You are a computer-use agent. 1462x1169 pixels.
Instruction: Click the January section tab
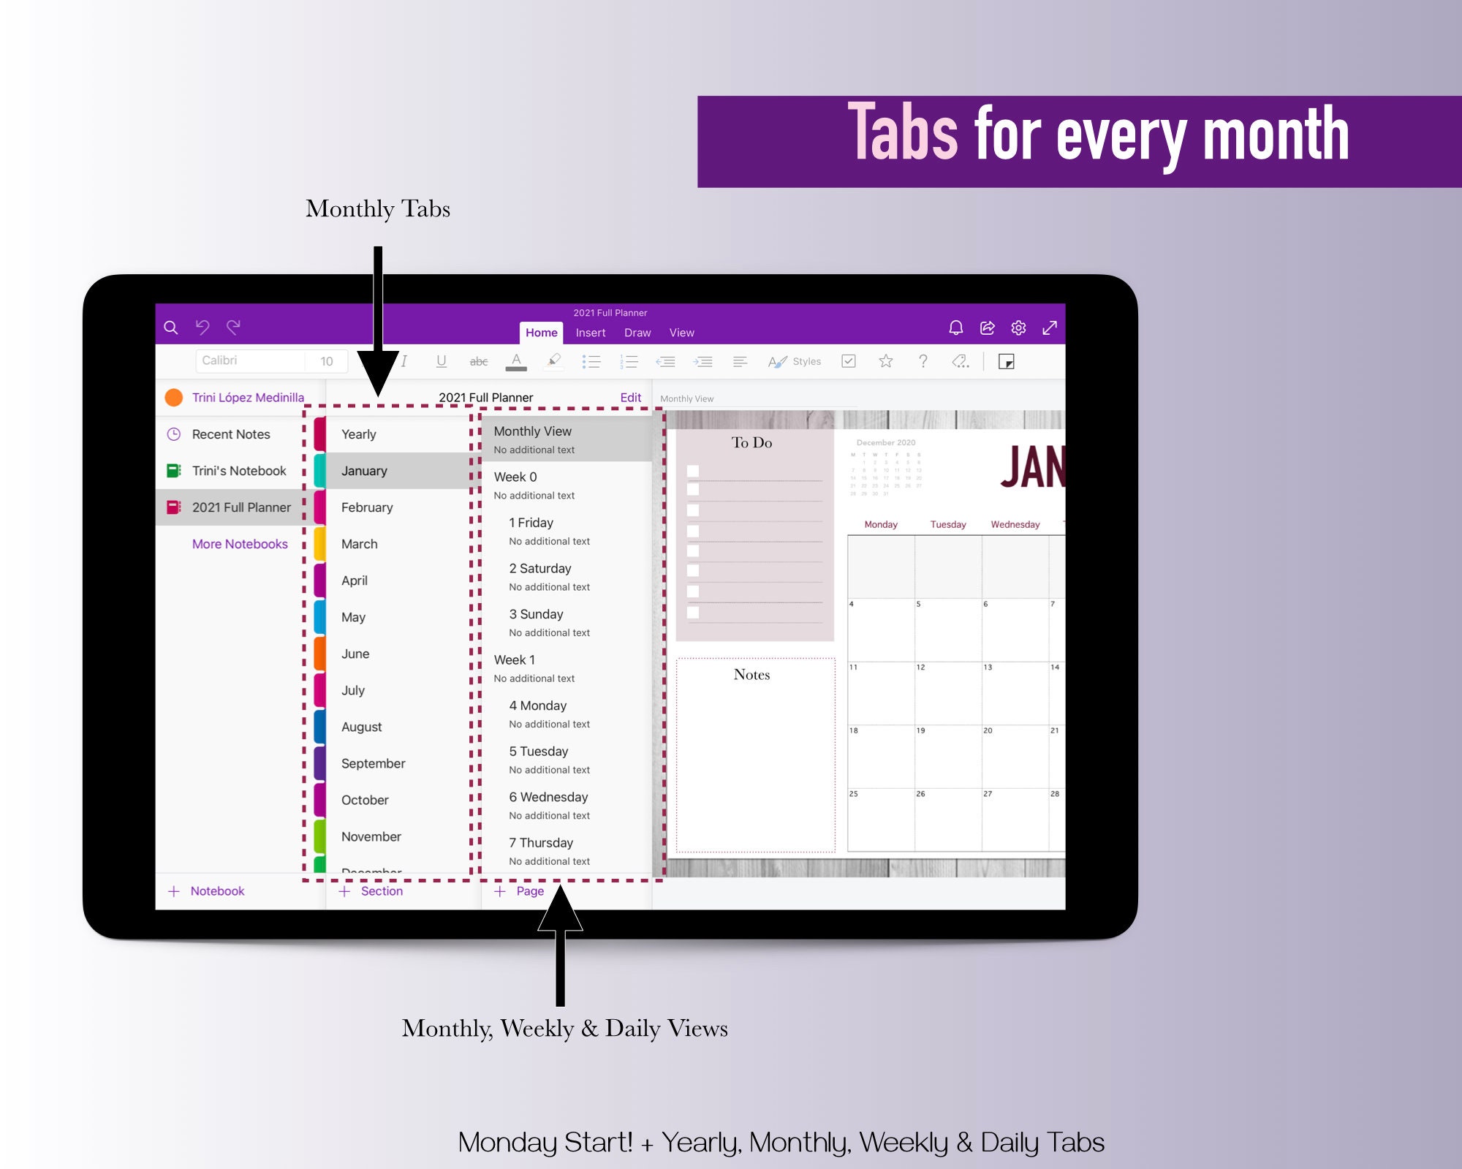click(364, 471)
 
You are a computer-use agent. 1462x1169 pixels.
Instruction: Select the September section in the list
click(373, 763)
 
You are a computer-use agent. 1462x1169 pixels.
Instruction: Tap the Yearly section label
click(358, 434)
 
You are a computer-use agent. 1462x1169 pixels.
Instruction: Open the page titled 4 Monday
click(538, 705)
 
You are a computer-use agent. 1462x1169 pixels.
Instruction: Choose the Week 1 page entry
click(515, 660)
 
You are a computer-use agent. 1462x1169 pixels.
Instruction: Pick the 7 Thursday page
click(541, 843)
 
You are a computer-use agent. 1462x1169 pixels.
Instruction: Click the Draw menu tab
click(637, 333)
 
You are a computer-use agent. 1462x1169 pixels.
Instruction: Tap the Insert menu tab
click(591, 333)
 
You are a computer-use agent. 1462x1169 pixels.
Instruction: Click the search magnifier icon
click(171, 328)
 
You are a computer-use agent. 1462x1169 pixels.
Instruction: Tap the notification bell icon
click(955, 328)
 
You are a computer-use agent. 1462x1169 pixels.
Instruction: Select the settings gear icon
click(1018, 328)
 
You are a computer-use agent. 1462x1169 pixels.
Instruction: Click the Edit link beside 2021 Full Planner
click(630, 398)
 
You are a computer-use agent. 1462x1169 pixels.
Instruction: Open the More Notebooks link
click(240, 544)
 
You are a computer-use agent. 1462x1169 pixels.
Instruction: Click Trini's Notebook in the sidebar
click(238, 471)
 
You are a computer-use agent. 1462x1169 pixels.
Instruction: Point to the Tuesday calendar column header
click(948, 524)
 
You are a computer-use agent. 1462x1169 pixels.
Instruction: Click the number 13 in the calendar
click(988, 667)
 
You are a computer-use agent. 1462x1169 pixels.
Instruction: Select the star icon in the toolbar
click(886, 361)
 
